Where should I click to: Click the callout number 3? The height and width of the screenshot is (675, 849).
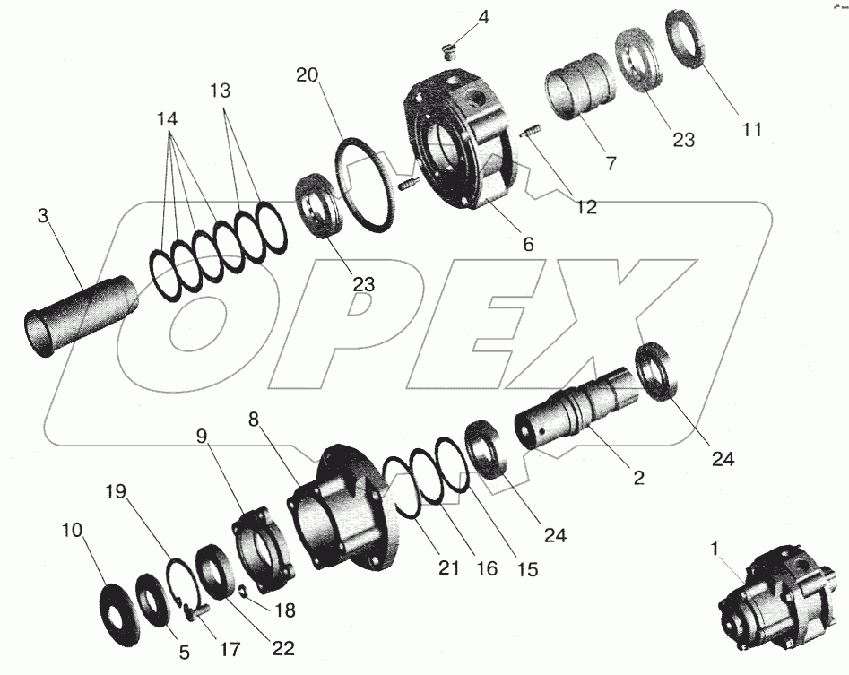pyautogui.click(x=43, y=215)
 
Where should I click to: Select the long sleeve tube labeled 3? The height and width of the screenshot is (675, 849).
pyautogui.click(x=82, y=316)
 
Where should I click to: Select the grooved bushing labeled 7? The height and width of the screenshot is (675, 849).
pyautogui.click(x=580, y=86)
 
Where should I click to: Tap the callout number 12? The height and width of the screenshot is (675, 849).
pyautogui.click(x=587, y=207)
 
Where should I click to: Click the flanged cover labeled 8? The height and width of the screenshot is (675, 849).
pyautogui.click(x=345, y=507)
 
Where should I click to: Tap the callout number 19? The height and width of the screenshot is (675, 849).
pyautogui.click(x=116, y=491)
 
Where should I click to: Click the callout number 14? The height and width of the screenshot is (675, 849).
pyautogui.click(x=168, y=118)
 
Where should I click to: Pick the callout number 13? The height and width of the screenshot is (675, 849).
pyautogui.click(x=220, y=91)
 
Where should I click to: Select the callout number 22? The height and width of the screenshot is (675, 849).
pyautogui.click(x=282, y=648)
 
